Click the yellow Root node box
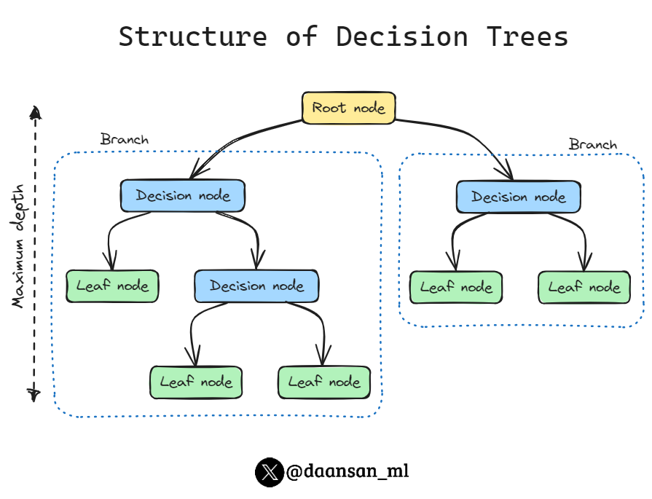pos(348,108)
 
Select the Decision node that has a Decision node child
pos(183,196)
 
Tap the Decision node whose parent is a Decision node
pos(256,286)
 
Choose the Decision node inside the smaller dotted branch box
pos(518,197)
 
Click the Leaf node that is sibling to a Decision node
pos(112,286)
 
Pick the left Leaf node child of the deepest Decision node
pos(196,382)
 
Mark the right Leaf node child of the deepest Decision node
pos(324,382)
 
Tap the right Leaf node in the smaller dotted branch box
pos(584,287)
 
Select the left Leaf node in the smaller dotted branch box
pos(456,287)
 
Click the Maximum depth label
pos(19,245)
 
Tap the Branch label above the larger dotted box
pos(124,139)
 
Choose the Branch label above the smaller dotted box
pos(592,144)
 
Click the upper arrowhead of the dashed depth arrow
pos(34,111)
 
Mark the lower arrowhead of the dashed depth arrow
pos(34,394)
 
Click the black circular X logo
pos(269,472)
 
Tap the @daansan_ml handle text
pos(347,472)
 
